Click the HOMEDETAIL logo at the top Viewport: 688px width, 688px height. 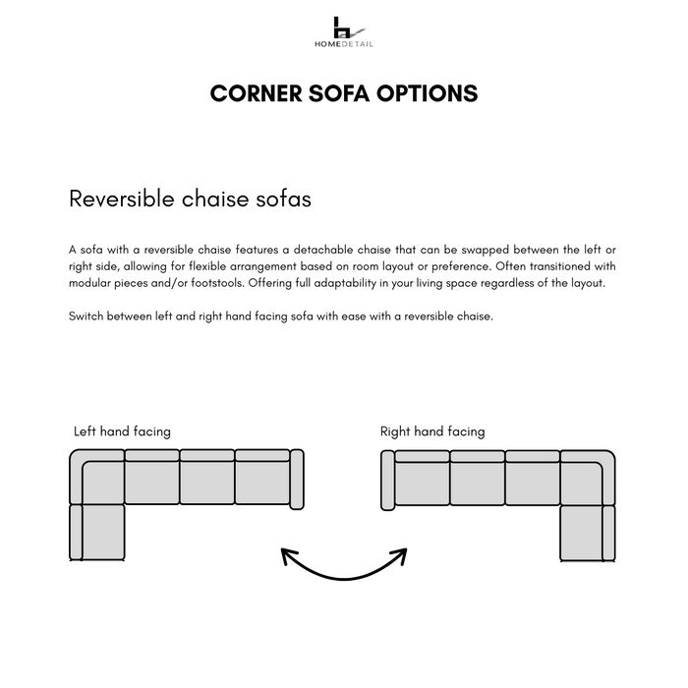[x=343, y=31]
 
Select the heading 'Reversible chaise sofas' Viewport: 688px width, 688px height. [x=190, y=199]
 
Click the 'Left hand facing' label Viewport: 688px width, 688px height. [x=122, y=431]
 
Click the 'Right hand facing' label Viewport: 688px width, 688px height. [x=432, y=431]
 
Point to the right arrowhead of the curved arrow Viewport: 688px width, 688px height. [x=401, y=555]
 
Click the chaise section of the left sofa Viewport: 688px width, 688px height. [x=102, y=532]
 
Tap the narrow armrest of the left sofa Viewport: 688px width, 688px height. [x=297, y=480]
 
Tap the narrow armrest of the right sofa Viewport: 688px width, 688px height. [x=387, y=480]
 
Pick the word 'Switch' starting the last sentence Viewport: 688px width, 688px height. [x=86, y=316]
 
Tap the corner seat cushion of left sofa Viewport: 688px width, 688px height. [x=102, y=482]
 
